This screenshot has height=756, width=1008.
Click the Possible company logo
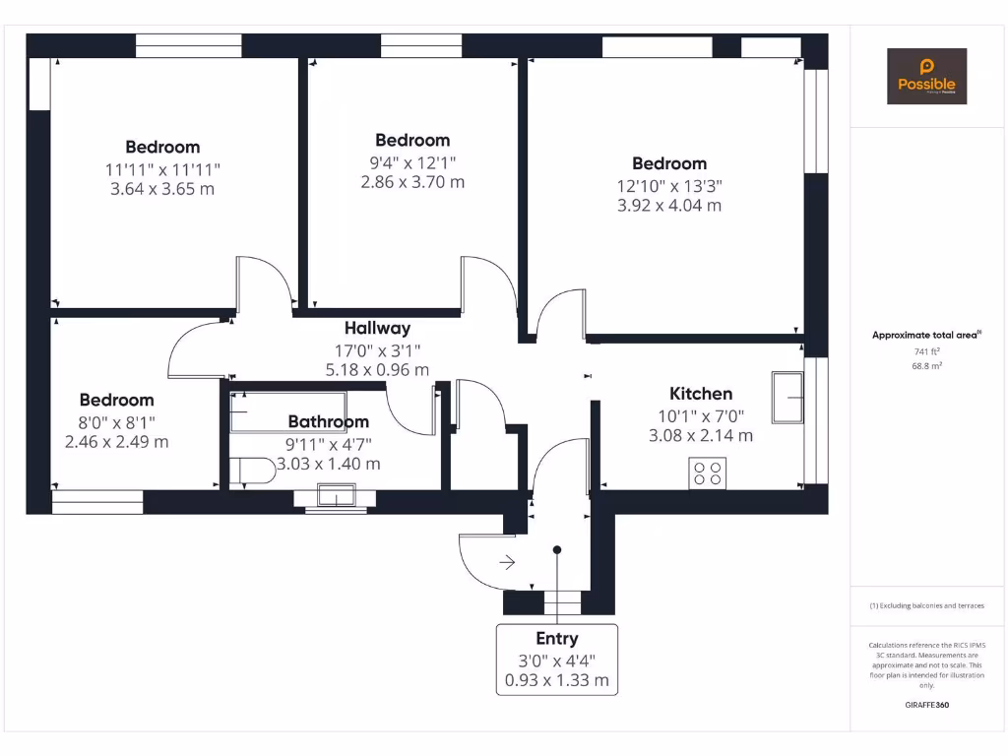(x=926, y=76)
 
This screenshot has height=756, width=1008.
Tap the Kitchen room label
(x=701, y=394)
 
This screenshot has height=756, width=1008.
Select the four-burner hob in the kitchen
(x=707, y=472)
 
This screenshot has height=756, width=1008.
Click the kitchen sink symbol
(x=787, y=397)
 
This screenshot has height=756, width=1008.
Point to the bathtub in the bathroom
(x=287, y=411)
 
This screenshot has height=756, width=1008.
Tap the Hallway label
(x=377, y=329)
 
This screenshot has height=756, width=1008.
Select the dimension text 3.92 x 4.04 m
(x=669, y=206)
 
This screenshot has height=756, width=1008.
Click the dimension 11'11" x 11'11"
(x=162, y=169)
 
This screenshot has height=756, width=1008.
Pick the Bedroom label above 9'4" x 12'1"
(x=412, y=141)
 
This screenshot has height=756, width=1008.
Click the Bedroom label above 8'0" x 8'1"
(x=116, y=400)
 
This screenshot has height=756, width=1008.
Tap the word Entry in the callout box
(x=556, y=639)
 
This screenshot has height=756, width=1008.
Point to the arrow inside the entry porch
(x=507, y=563)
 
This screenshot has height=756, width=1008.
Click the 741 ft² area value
(x=927, y=350)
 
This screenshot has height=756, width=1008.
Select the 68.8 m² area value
(x=927, y=365)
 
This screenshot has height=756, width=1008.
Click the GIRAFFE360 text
(x=926, y=705)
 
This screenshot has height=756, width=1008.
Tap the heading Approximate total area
(x=925, y=336)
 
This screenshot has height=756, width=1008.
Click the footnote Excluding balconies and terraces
(x=926, y=605)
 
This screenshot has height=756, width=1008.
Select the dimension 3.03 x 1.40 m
(x=328, y=464)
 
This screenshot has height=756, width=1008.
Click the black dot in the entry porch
(x=557, y=550)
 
